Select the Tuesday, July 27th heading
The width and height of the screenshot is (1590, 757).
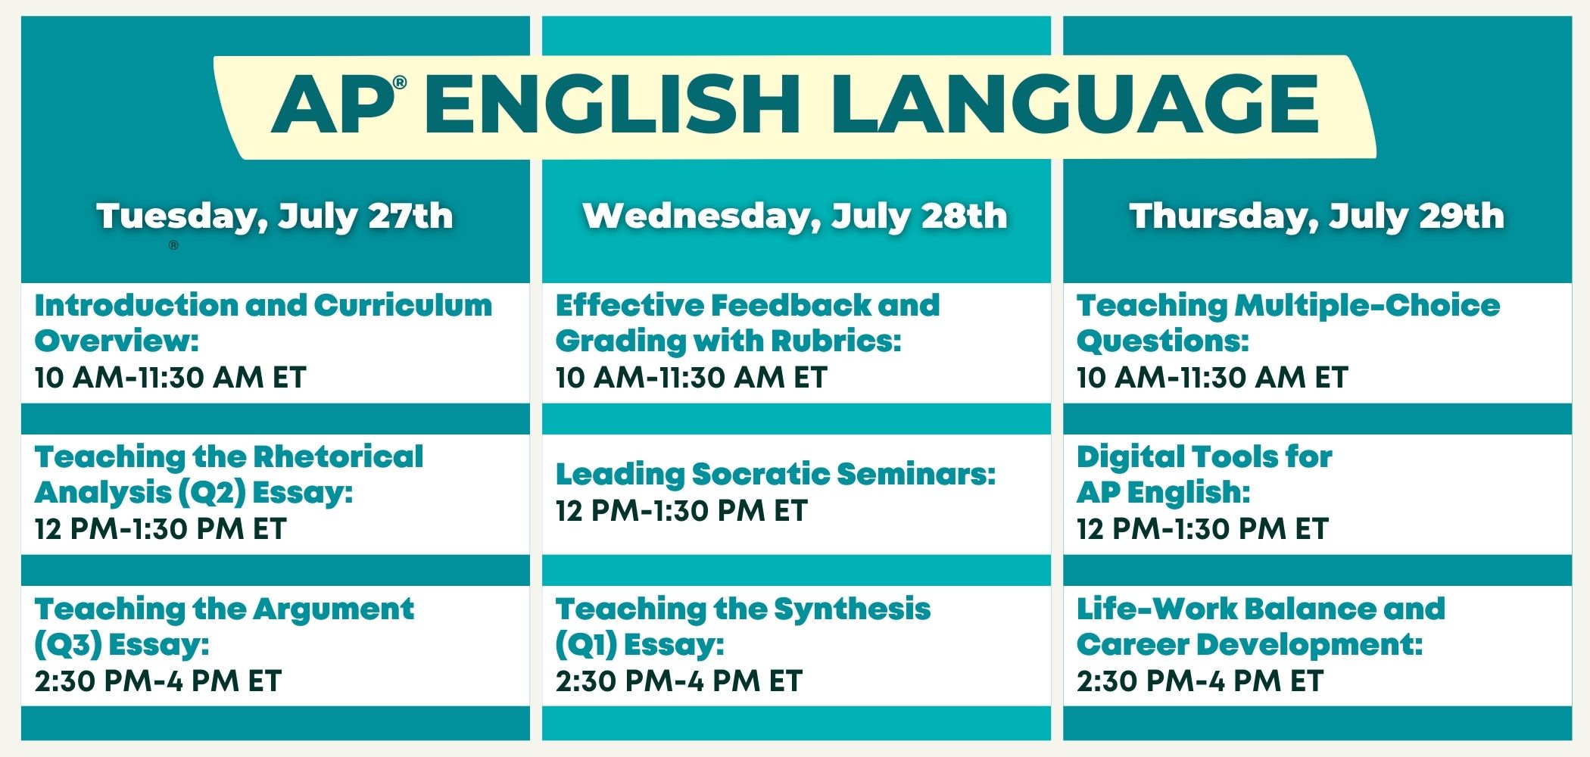tap(275, 217)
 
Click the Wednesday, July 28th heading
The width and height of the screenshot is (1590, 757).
tap(795, 217)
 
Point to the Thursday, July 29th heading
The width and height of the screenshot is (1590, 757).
tap(1317, 217)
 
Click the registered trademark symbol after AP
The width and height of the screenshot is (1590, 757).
tap(401, 83)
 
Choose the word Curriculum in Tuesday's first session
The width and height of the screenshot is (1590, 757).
tap(403, 305)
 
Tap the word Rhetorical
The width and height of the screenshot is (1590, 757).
tap(338, 456)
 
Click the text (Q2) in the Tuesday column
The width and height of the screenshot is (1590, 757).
tap(212, 493)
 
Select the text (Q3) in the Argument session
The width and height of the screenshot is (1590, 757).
tap(68, 645)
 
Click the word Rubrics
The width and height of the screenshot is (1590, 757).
tap(836, 341)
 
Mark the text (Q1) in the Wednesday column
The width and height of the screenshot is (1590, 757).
tap(586, 645)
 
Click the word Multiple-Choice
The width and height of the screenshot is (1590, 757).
tap(1367, 305)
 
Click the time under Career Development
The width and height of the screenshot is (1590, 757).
tap(1200, 681)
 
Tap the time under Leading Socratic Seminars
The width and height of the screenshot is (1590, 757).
tap(681, 511)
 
